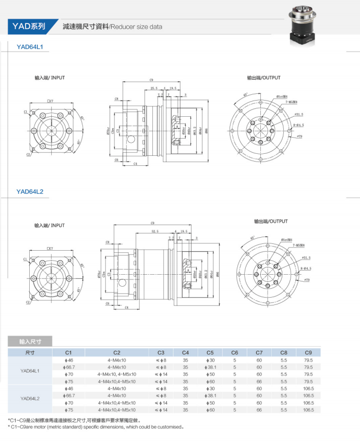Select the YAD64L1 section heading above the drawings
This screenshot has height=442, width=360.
coord(30,46)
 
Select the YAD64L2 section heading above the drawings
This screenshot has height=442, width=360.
coord(30,192)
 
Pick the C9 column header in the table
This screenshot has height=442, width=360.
coord(308,352)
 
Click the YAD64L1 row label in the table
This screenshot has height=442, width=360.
coord(30,371)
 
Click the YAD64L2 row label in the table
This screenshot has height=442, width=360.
coord(30,399)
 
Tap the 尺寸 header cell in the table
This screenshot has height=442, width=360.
coord(30,352)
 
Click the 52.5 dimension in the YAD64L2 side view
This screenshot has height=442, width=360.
coord(154,231)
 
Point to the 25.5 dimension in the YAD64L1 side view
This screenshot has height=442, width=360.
coord(153,89)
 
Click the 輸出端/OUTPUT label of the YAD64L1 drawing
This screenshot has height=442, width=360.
coord(263,78)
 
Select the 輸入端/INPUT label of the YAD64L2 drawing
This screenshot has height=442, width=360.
coord(50,226)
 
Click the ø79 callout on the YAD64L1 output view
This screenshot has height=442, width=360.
coord(299,136)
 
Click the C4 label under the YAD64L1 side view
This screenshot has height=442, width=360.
coord(135,164)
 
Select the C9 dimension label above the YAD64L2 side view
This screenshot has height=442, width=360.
coord(152,222)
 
